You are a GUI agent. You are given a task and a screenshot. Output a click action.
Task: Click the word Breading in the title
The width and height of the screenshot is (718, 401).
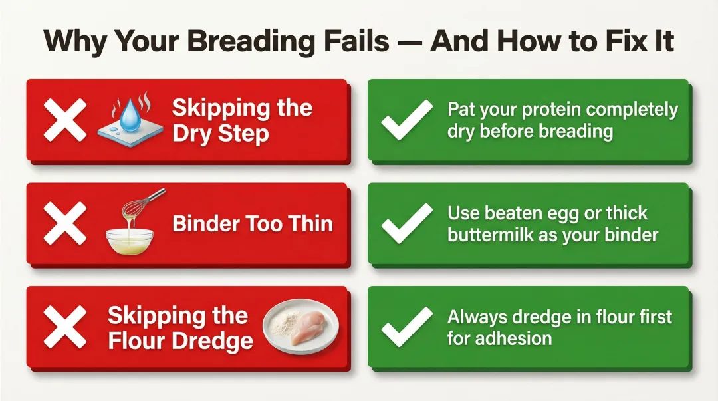point(247,41)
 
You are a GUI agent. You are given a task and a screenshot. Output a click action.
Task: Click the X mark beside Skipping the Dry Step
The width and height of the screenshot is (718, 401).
point(64,120)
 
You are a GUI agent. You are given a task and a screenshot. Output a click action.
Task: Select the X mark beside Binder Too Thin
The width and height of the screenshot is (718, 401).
point(64,224)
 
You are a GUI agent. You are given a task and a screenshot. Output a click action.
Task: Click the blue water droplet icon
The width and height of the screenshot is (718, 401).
point(132,114)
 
